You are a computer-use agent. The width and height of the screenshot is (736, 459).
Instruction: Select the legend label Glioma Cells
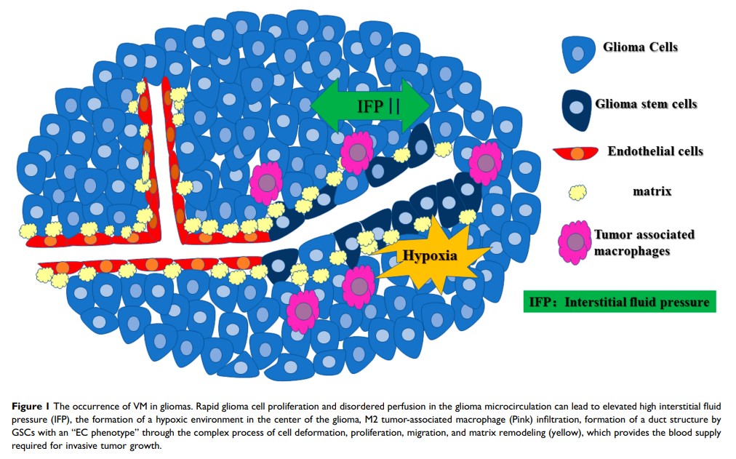click(640, 47)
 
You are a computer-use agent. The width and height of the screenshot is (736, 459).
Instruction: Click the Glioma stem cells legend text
click(646, 104)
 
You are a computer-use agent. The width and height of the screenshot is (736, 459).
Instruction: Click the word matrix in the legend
click(652, 192)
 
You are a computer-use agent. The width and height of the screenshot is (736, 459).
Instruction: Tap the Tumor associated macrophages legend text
click(644, 242)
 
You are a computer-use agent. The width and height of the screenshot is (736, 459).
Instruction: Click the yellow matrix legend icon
click(577, 193)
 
